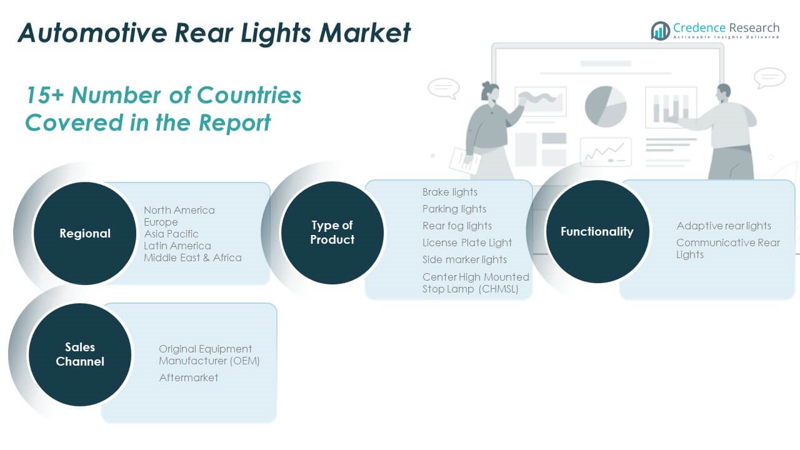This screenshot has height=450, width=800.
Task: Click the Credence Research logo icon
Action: pyautogui.click(x=660, y=31)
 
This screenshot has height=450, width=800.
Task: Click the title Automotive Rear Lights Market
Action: pyautogui.click(x=214, y=32)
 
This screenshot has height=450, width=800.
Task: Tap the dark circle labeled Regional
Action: pyautogui.click(x=84, y=234)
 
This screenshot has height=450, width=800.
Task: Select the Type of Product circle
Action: pyautogui.click(x=332, y=232)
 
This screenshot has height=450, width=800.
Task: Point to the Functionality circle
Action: pyautogui.click(x=597, y=232)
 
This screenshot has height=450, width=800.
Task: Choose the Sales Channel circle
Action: pyautogui.click(x=80, y=354)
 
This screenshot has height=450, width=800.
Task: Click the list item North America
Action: pyautogui.click(x=179, y=210)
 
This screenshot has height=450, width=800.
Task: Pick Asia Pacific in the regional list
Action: pyautogui.click(x=171, y=234)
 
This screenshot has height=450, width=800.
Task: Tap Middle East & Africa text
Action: pyautogui.click(x=192, y=257)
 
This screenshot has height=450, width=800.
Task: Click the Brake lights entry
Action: pyautogui.click(x=449, y=192)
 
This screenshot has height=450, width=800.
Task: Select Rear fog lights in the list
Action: pyautogui.click(x=457, y=226)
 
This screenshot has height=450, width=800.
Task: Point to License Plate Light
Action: pyautogui.click(x=467, y=242)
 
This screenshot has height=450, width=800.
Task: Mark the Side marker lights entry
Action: pyautogui.click(x=464, y=259)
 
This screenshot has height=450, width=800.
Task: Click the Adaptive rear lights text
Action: pyautogui.click(x=724, y=226)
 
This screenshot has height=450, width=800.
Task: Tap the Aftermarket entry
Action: pyautogui.click(x=188, y=377)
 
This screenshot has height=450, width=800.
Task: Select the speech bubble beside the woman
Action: pyautogui.click(x=443, y=87)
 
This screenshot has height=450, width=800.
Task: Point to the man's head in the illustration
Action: pyautogui.click(x=723, y=92)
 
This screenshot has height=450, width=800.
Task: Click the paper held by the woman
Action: pyautogui.click(x=464, y=160)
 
